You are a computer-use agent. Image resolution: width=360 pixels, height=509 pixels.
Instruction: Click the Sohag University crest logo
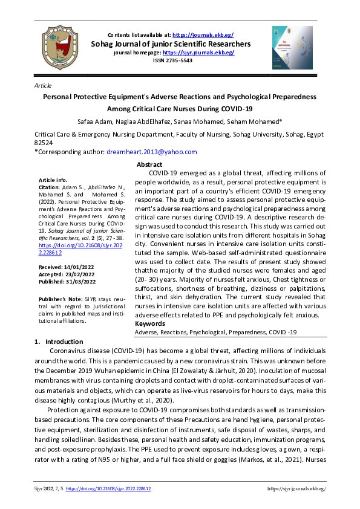tap(59, 47)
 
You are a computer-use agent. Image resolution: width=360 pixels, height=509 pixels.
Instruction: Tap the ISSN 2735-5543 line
tap(178, 60)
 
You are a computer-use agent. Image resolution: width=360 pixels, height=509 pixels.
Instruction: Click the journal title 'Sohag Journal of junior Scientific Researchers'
tap(178, 44)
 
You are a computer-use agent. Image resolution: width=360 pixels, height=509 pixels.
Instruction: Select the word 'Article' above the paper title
tap(44, 86)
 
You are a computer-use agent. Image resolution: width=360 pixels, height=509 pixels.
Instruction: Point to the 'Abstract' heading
tap(149, 164)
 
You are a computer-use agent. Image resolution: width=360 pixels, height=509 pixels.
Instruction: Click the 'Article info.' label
tap(54, 180)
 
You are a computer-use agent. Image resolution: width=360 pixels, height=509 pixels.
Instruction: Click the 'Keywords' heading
tap(150, 324)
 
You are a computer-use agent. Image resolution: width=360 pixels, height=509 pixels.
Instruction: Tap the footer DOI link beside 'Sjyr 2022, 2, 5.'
tap(108, 488)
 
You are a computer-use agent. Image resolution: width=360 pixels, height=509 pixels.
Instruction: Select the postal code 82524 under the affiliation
tap(44, 143)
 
